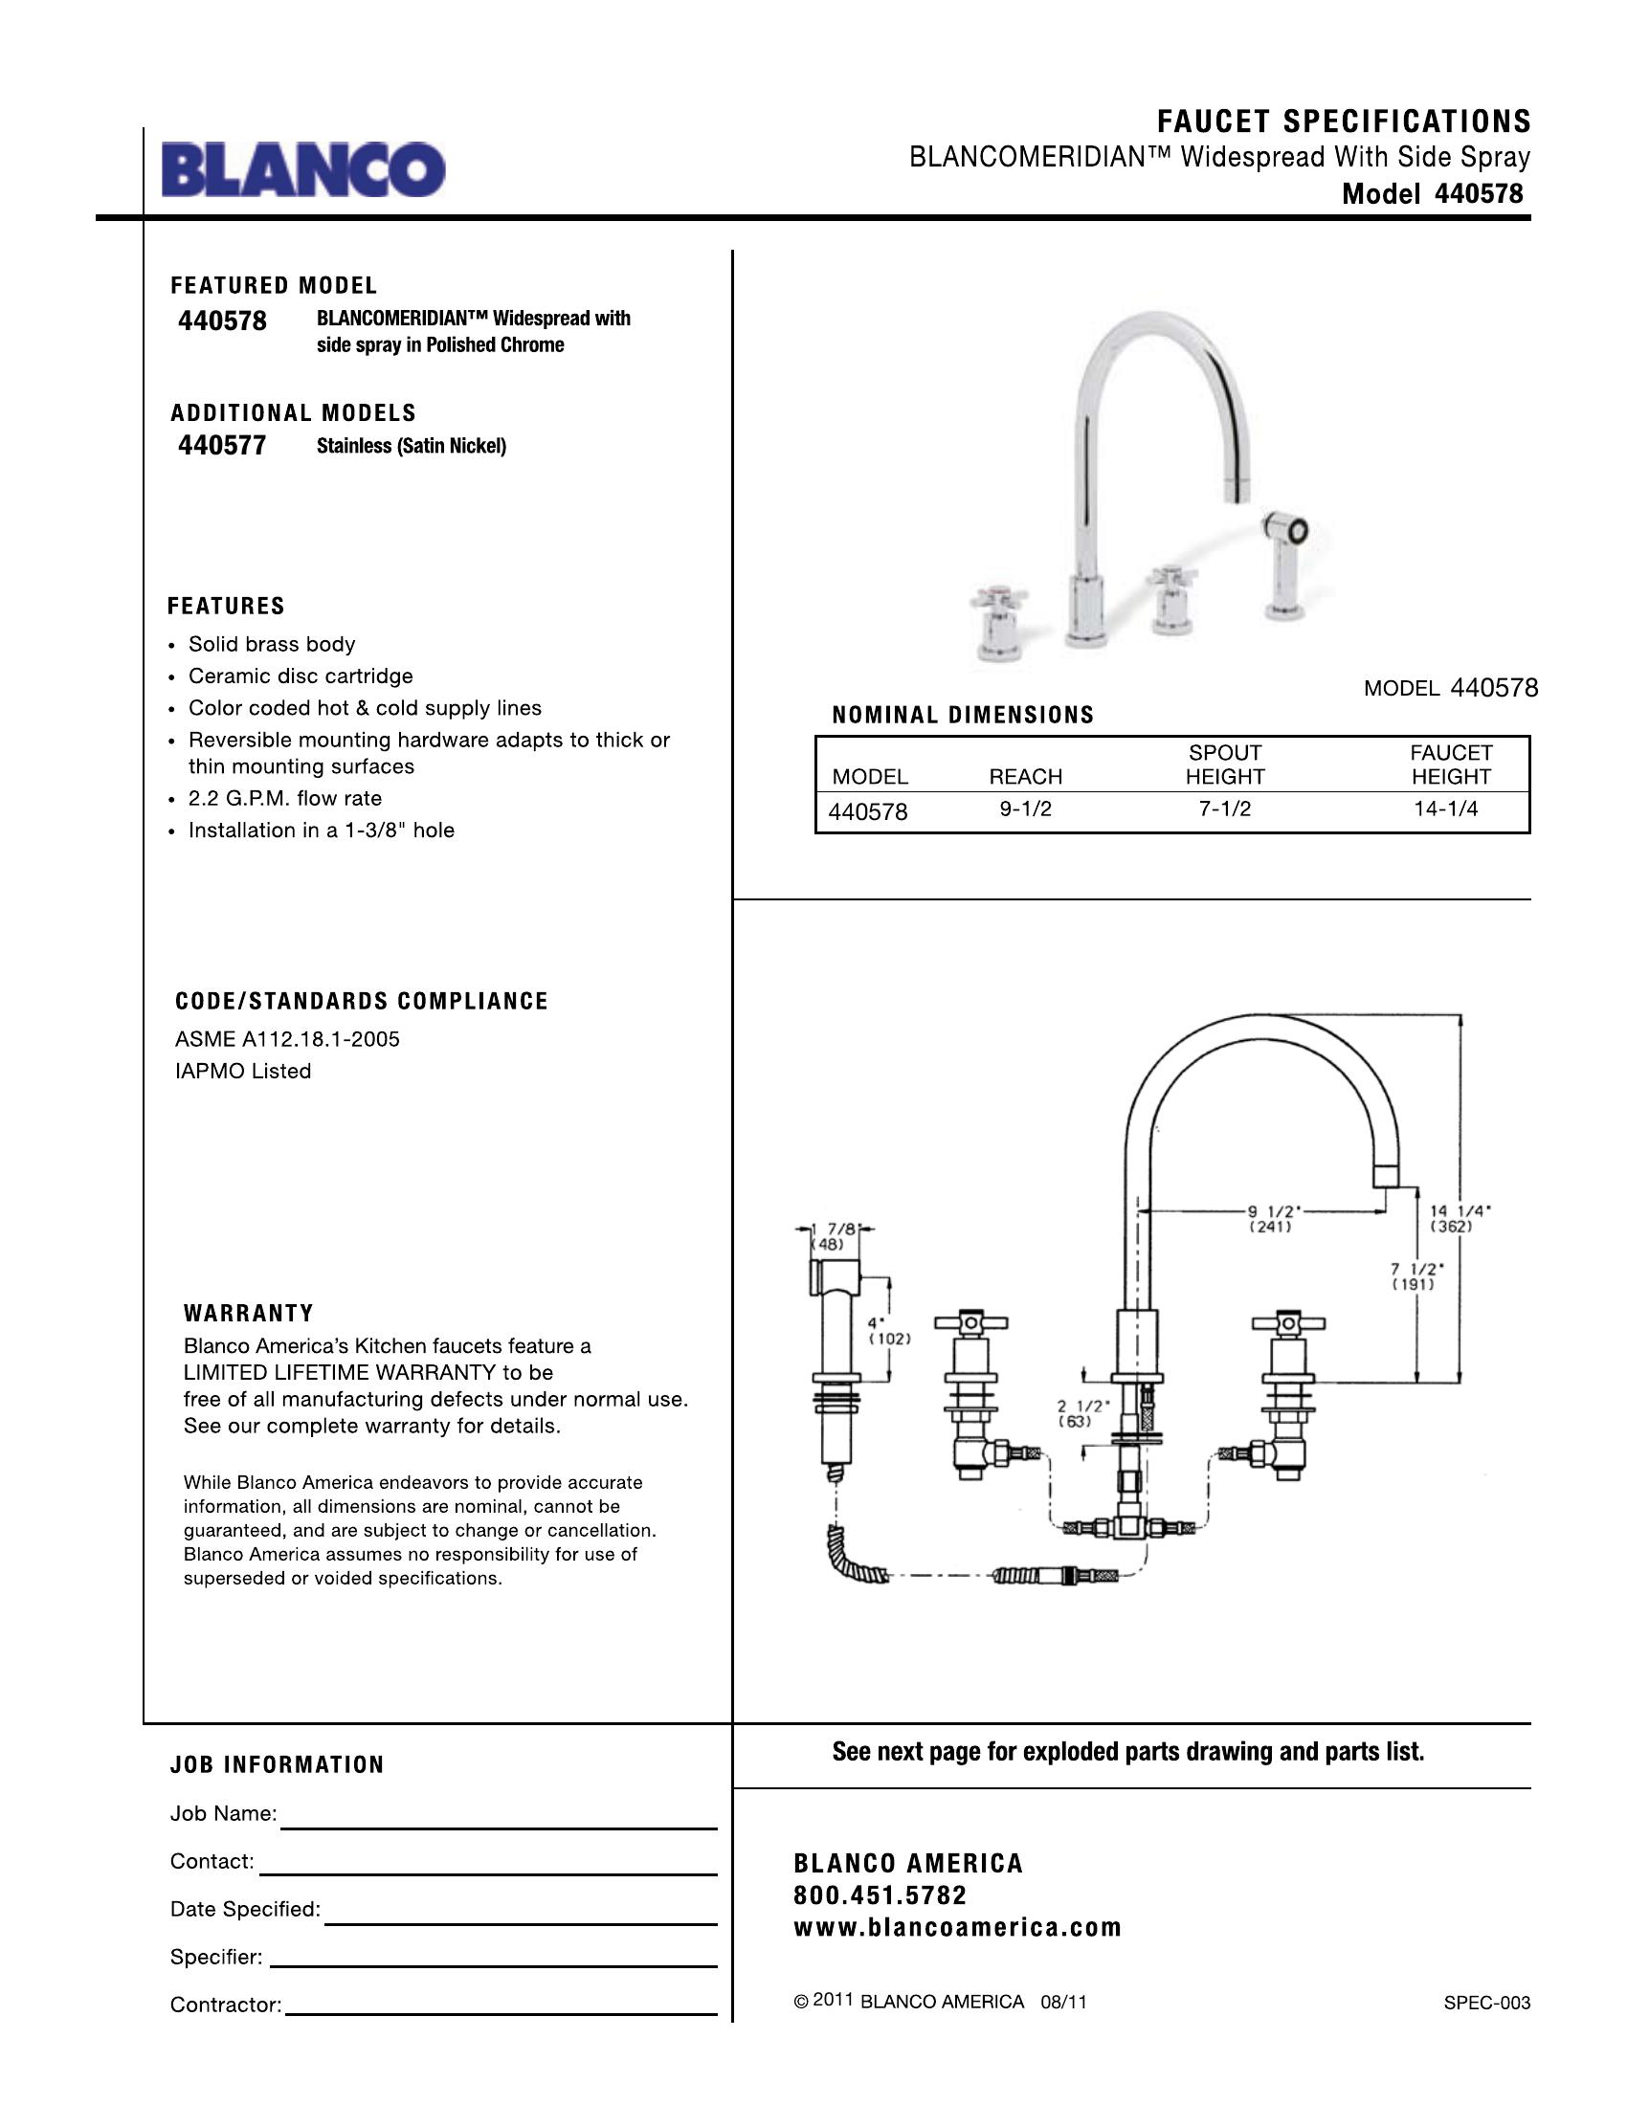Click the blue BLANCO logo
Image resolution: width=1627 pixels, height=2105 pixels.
point(303,169)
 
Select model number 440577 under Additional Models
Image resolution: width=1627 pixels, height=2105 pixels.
point(222,445)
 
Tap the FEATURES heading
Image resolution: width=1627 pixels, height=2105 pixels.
point(227,607)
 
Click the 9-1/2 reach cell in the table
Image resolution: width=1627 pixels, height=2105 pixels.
point(1026,809)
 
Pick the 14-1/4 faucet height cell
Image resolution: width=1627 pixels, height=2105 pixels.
point(1446,809)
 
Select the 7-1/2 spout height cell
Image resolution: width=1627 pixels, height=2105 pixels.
point(1225,809)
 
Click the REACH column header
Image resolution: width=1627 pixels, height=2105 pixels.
point(1026,777)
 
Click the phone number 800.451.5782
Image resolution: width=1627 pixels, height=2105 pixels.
point(880,1895)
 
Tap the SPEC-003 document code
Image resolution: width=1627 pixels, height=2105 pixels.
point(1486,2003)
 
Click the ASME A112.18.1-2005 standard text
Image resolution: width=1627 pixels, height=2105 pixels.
point(287,1039)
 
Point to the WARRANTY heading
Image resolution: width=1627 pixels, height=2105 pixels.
point(249,1314)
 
